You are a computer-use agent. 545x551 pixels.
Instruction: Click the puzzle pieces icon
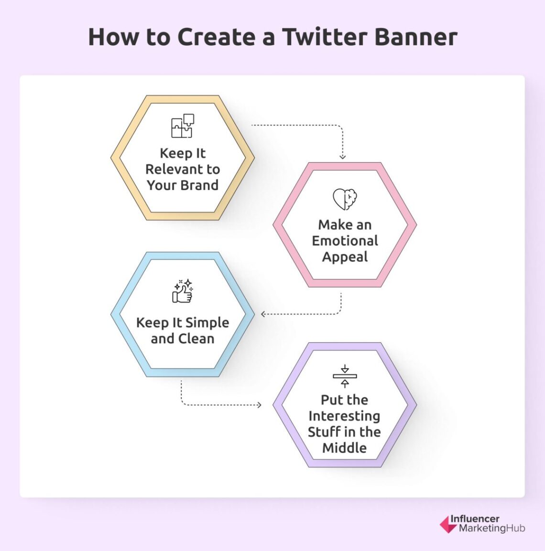coord(183,126)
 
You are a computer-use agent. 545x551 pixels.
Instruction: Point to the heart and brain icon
coord(345,199)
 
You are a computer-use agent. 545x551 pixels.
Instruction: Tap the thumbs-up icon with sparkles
coord(183,291)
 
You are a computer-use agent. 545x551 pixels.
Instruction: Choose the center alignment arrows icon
coord(345,376)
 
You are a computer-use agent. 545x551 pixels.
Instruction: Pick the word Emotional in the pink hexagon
coord(345,241)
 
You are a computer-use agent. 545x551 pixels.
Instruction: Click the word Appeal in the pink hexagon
coord(345,257)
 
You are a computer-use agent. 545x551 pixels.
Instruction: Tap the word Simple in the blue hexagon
coord(207,323)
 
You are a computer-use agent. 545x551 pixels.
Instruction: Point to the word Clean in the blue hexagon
coord(196,339)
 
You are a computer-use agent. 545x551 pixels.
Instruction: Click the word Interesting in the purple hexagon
coord(344,416)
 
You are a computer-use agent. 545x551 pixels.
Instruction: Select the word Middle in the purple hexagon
coord(344,448)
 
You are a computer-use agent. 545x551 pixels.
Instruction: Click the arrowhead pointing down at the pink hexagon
coord(342,156)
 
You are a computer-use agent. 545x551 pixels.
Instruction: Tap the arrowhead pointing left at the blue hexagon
coord(263,314)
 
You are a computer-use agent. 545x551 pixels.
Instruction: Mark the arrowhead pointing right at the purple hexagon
coord(259,405)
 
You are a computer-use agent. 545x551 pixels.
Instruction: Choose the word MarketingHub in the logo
coord(491,528)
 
